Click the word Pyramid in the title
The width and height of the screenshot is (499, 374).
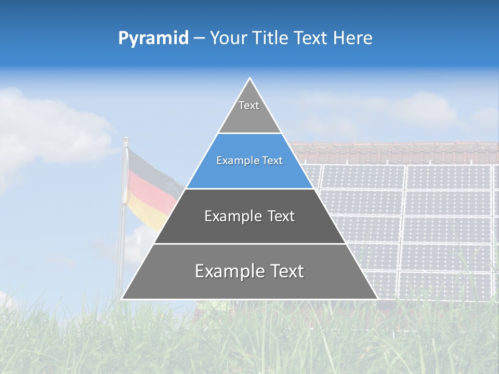[x=153, y=38]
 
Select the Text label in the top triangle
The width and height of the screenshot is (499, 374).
[x=249, y=105]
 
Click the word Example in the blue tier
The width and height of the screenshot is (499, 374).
[x=234, y=161]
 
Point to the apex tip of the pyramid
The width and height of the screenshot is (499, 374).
[x=249, y=78]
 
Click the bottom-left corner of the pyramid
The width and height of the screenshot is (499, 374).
[x=122, y=299]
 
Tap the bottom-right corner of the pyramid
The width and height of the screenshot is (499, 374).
[x=377, y=299]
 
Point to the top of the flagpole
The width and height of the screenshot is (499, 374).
[x=125, y=139]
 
